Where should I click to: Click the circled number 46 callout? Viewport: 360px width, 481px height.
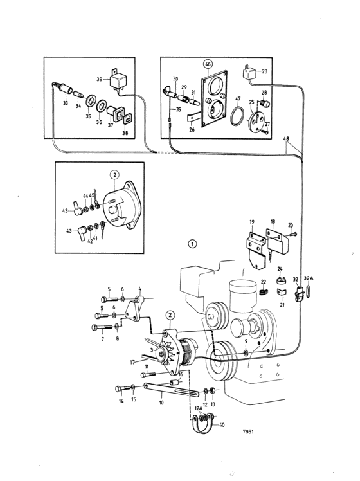pyautogui.click(x=208, y=64)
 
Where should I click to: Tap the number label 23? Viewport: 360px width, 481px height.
pyautogui.click(x=264, y=71)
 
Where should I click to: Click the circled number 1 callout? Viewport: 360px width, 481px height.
pyautogui.click(x=192, y=244)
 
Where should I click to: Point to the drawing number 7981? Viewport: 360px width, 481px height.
pyautogui.click(x=248, y=431)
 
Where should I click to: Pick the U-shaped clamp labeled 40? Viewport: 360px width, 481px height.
pyautogui.click(x=202, y=423)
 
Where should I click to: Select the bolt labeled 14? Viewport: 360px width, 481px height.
pyautogui.click(x=123, y=389)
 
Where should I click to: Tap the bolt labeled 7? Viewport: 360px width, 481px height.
pyautogui.click(x=102, y=327)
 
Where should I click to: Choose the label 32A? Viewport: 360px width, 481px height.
pyautogui.click(x=309, y=278)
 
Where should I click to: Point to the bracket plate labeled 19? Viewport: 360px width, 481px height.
pyautogui.click(x=256, y=250)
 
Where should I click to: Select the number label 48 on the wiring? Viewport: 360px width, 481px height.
pyautogui.click(x=286, y=139)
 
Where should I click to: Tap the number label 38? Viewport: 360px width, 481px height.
pyautogui.click(x=125, y=133)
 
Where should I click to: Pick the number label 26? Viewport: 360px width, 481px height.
pyautogui.click(x=192, y=130)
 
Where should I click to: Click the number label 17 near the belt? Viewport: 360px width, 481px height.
pyautogui.click(x=132, y=362)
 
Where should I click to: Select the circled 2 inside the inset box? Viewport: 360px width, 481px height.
pyautogui.click(x=114, y=175)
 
